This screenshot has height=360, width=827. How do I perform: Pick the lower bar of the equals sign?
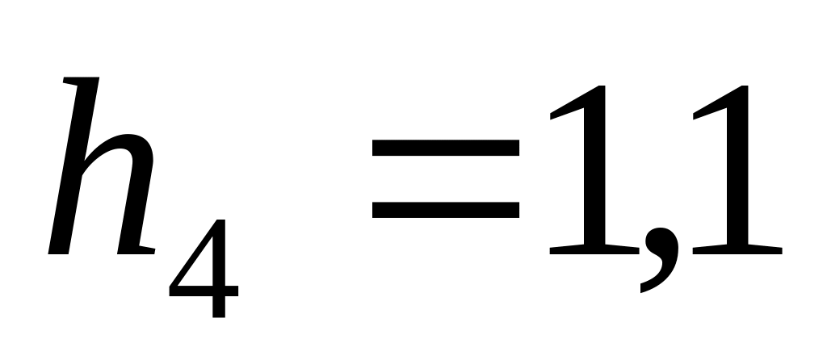pos(444,209)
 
